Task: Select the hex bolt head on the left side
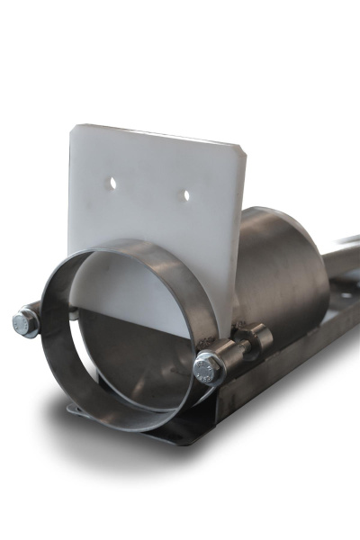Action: [25, 322]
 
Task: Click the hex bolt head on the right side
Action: [208, 368]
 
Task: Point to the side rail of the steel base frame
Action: [297, 360]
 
